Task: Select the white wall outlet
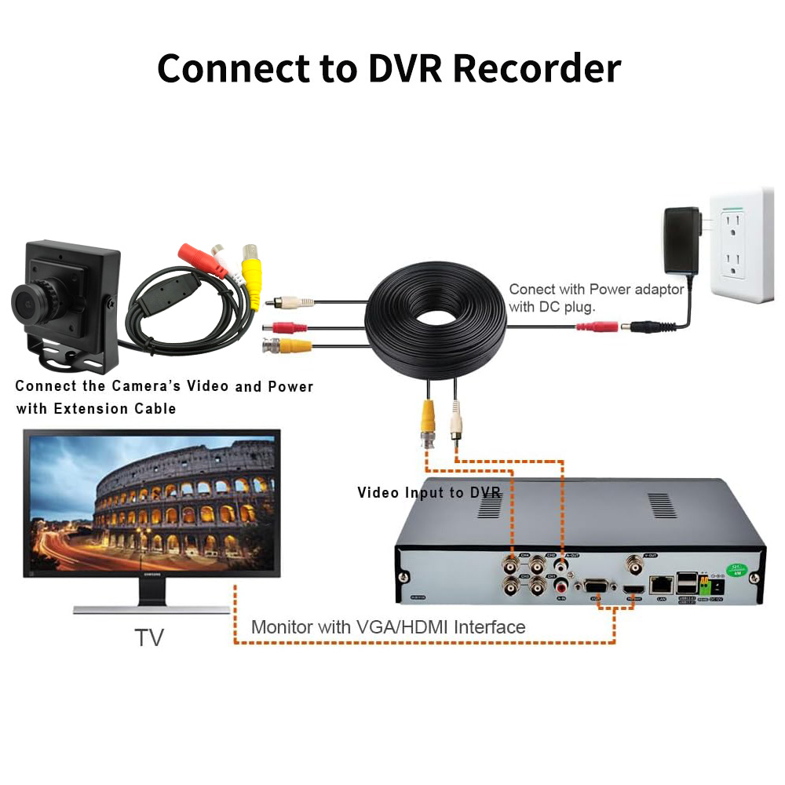coord(740,244)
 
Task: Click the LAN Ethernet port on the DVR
coord(663,583)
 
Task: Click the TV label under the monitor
coord(148,637)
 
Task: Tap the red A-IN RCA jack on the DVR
coord(560,585)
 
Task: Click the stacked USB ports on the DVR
coord(685,582)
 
